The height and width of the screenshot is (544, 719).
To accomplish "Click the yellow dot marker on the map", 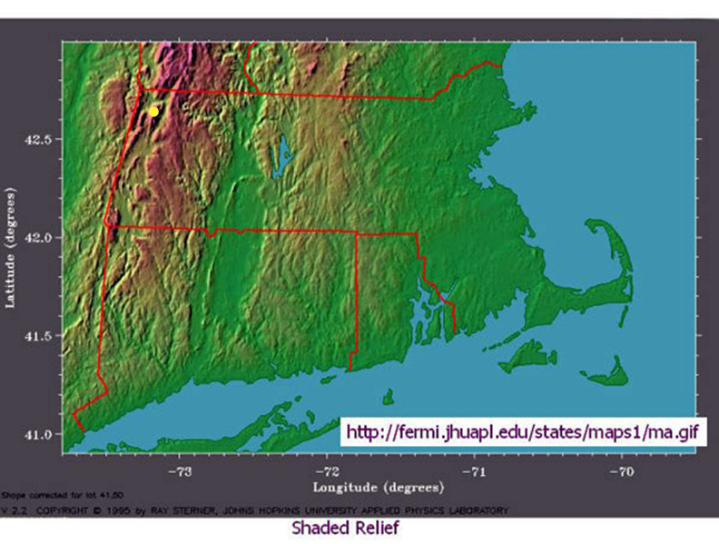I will tap(154, 111).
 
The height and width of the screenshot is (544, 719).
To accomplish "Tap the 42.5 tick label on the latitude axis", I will tap(41, 139).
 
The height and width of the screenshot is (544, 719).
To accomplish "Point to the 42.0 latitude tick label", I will tap(41, 238).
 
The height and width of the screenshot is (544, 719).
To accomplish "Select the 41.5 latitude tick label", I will tap(41, 336).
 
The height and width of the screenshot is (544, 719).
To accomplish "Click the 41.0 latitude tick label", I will tap(41, 434).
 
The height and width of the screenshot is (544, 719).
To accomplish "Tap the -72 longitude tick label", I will tap(329, 471).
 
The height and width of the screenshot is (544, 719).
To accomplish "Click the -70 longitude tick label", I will tap(620, 471).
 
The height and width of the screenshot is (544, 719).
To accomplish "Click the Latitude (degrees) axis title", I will tap(11, 245).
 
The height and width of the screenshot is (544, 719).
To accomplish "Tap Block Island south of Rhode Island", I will tap(389, 397).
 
